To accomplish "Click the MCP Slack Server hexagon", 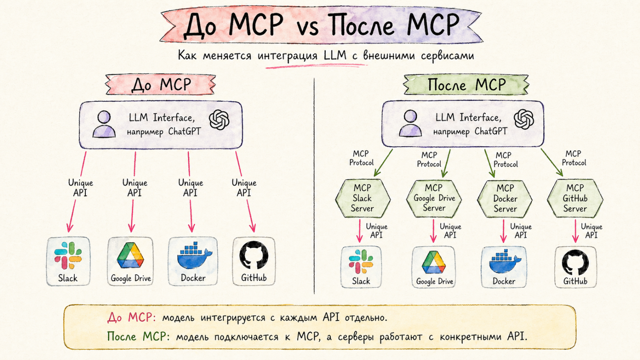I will click(x=362, y=198).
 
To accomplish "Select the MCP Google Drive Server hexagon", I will click(x=434, y=198).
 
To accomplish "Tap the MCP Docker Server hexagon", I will click(x=505, y=199).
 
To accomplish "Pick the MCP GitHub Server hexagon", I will click(x=575, y=198).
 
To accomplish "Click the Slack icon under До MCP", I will click(x=68, y=256).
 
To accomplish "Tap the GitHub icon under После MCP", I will click(x=575, y=263).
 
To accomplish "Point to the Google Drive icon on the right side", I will click(x=434, y=263).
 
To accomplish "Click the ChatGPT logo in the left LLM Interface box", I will click(x=219, y=120).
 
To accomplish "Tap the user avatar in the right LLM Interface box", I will click(x=410, y=123).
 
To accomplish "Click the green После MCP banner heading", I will click(x=466, y=85).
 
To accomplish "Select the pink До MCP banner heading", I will click(x=161, y=85).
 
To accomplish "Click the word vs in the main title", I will click(x=307, y=26).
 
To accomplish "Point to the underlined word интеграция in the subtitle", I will click(x=287, y=55).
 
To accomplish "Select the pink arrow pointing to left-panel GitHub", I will click(x=245, y=193).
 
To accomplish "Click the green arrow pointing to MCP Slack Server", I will click(x=383, y=163).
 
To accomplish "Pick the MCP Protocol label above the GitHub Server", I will click(x=574, y=158).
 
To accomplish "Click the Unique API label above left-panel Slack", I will click(x=80, y=188).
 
